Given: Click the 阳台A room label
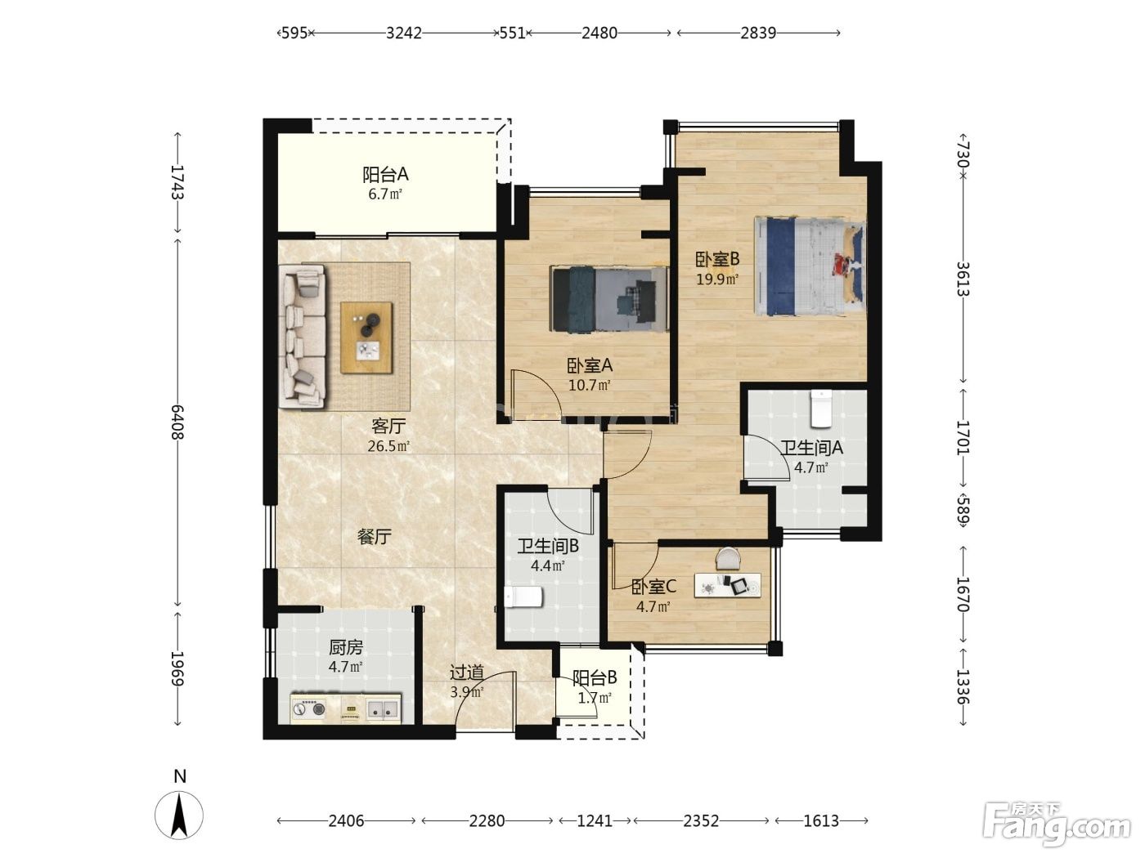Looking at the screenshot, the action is [385, 175].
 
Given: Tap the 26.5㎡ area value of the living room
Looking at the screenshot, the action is [388, 446].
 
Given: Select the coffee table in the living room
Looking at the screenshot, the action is [366, 337].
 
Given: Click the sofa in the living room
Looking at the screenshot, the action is [303, 336].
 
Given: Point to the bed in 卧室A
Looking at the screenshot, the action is [610, 298].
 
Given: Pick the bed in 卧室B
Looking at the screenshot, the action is [810, 266].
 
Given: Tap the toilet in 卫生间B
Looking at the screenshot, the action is [523, 597].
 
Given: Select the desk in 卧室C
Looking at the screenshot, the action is [727, 586].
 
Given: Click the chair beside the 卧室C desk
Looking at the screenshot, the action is [728, 558].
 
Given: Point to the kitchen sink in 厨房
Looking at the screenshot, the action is [384, 708].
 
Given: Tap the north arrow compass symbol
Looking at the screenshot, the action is [179, 814].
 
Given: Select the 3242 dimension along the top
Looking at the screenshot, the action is [404, 33].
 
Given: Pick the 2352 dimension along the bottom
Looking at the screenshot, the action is [701, 821].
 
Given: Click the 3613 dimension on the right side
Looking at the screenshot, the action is [963, 279].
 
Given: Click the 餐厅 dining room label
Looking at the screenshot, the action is [374, 536].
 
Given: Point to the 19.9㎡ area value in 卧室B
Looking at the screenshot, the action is [718, 279].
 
